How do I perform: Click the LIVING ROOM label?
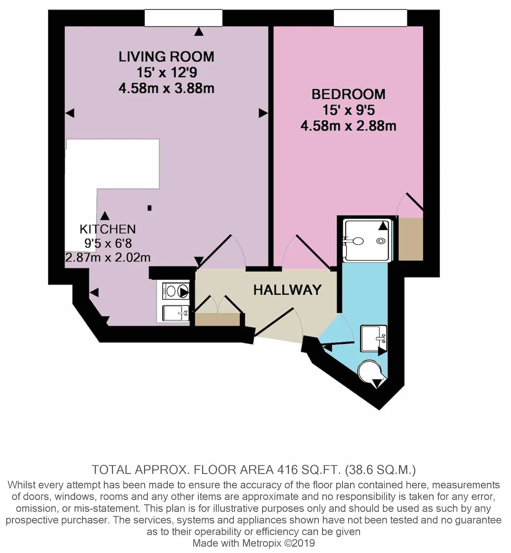tap(166, 57)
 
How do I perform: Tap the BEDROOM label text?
tap(348, 94)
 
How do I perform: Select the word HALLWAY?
tap(288, 290)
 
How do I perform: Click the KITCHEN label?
tap(107, 229)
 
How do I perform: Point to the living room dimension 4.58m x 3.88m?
tap(166, 89)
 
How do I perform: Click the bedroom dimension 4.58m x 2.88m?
tap(348, 126)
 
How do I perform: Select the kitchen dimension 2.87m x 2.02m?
tap(107, 257)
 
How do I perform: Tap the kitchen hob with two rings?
tap(176, 291)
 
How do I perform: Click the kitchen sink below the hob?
tap(176, 313)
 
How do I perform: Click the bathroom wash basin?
tap(373, 338)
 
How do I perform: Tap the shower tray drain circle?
tap(381, 241)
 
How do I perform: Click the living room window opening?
tap(183, 18)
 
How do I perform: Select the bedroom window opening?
tap(370, 18)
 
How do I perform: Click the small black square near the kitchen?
tap(149, 208)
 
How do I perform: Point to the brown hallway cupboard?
tap(217, 319)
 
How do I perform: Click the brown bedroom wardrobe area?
tap(411, 239)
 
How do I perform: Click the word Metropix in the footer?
tap(261, 543)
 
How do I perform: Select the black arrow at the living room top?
tap(199, 31)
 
